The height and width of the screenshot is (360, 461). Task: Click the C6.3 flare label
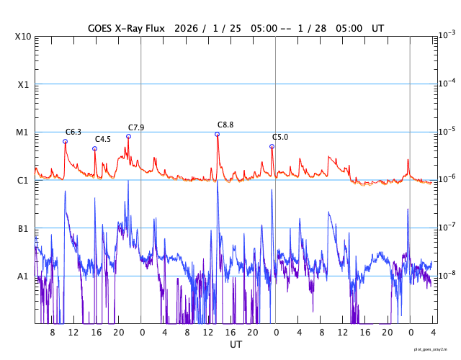point(73,132)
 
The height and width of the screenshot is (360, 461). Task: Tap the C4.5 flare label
point(103,139)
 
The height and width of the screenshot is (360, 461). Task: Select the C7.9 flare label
point(136,127)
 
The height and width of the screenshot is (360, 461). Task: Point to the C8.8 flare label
point(225,125)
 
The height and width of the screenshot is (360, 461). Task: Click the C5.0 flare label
point(280,137)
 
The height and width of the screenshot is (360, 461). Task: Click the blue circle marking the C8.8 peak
point(217,135)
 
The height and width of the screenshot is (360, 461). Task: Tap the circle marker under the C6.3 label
point(65,141)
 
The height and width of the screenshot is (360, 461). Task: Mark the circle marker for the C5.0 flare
point(272,146)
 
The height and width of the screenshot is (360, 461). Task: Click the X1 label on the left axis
point(23,84)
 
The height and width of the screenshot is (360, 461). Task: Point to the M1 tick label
point(23,132)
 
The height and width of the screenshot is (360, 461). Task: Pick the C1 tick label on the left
point(23,180)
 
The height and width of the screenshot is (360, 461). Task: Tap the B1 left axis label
point(23,228)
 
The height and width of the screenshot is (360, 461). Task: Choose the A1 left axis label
point(23,276)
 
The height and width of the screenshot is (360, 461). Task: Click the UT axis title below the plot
point(236,345)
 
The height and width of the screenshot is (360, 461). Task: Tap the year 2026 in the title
point(184,28)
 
